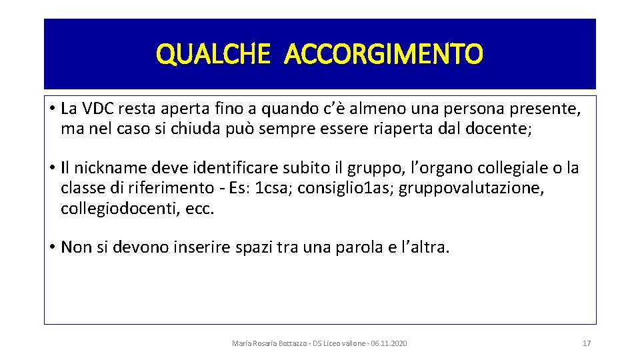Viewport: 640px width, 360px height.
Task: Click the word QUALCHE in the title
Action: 213,54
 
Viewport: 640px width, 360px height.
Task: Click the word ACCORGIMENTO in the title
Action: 383,54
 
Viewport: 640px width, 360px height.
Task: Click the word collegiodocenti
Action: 115,209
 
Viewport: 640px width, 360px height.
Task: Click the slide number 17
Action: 587,343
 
